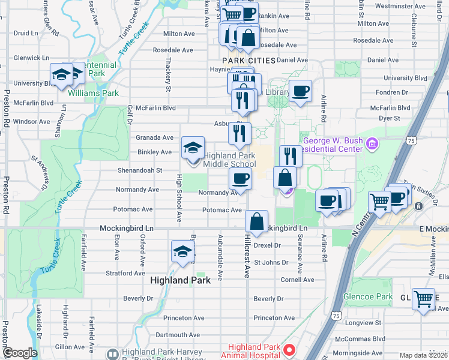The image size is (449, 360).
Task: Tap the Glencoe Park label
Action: [367, 297]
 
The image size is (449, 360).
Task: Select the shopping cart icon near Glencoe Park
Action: [423, 299]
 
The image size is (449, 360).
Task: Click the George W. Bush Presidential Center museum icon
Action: [372, 144]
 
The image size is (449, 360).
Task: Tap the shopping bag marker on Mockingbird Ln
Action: [256, 221]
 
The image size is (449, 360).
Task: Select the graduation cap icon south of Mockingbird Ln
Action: [182, 251]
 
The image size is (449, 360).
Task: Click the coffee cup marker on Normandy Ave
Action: [240, 179]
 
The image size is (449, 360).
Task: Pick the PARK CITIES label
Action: [249, 61]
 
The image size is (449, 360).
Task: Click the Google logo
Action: [20, 353]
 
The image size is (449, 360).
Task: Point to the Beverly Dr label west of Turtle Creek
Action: [137, 298]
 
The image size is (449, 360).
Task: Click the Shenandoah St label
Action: [140, 170]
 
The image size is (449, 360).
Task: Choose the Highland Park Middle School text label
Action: [230, 160]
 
